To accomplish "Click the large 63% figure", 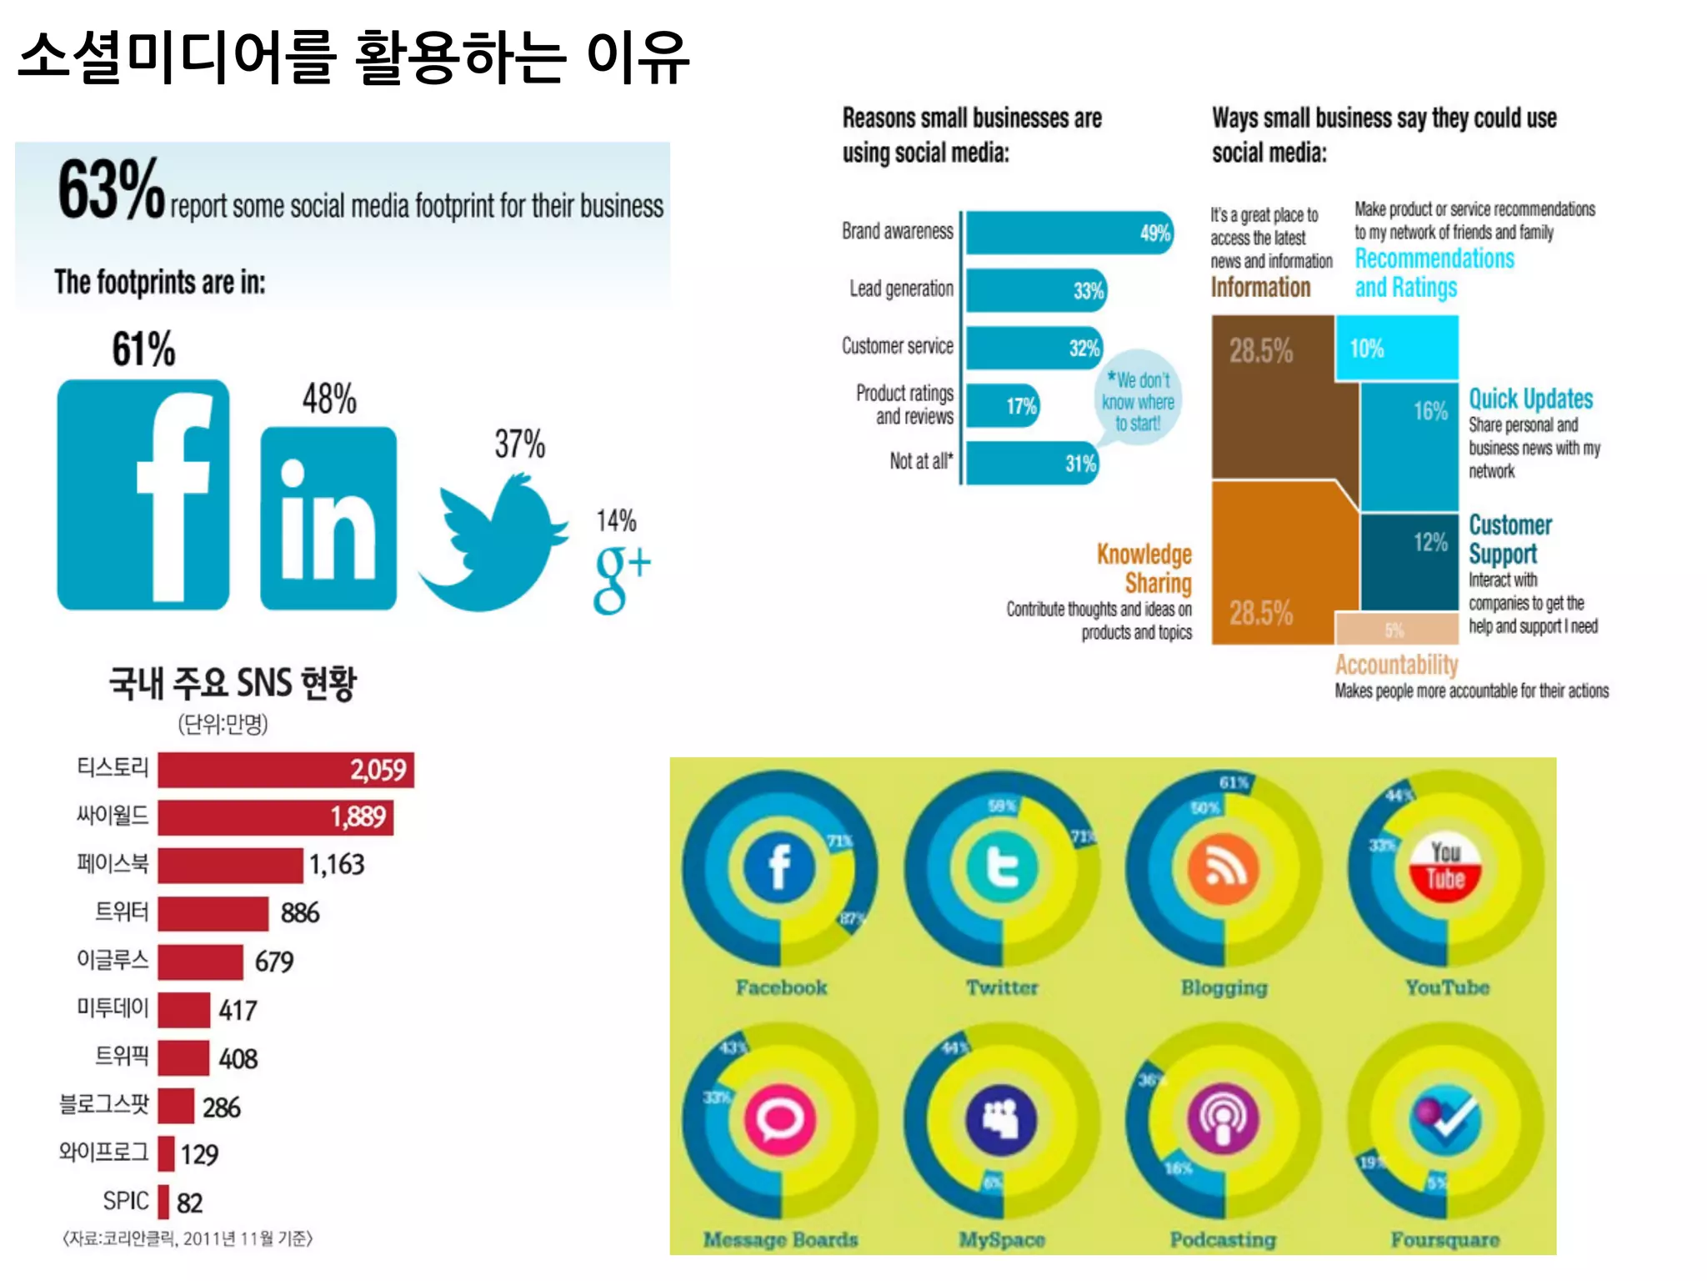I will coord(111,190).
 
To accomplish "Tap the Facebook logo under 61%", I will coord(143,495).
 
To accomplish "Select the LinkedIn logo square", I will coord(328,518).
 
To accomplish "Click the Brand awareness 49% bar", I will coord(1069,233).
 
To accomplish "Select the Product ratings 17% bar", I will coord(1003,406).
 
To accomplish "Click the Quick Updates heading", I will coord(1530,399).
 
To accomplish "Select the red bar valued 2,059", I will coord(285,770).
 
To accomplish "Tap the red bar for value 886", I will coord(213,913).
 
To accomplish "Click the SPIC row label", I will coord(125,1201).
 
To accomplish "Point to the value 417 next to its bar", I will coord(238,1011).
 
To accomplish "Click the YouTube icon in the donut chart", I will coord(1445,867).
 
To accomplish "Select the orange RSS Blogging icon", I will coord(1223,867).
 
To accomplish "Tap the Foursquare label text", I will coord(1444,1240).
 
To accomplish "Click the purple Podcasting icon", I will coord(1223,1119).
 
